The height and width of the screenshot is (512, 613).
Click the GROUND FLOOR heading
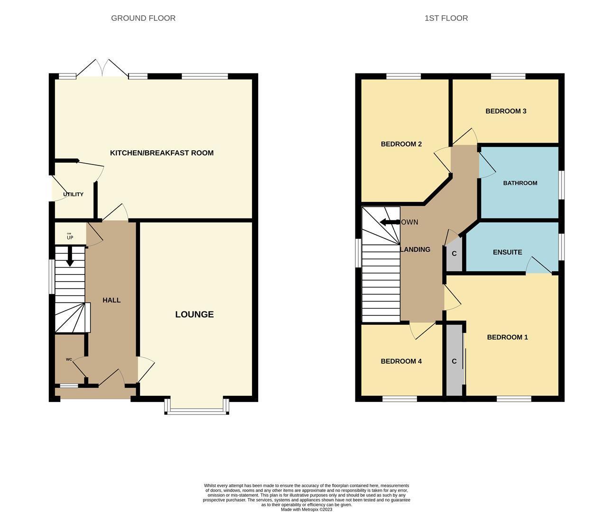143,18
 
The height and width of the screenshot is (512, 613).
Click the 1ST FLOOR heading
446,18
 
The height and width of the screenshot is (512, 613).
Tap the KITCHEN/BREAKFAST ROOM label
162,153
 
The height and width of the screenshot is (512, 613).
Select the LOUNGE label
195,314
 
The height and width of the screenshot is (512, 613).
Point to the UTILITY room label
73,194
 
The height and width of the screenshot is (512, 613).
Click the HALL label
111,300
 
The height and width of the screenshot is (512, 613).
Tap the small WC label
69,359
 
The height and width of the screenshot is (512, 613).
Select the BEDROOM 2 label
401,144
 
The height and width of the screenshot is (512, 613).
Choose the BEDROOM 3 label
506,111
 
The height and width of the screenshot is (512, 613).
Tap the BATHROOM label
520,183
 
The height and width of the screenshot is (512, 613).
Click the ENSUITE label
507,252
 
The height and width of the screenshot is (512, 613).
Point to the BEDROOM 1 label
507,337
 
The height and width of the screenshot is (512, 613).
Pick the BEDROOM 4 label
401,361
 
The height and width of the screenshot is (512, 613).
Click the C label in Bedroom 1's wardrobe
454,361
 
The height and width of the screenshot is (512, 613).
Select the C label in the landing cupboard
454,254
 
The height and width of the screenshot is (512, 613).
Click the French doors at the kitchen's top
102,69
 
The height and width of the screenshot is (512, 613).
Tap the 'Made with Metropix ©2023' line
306,510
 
